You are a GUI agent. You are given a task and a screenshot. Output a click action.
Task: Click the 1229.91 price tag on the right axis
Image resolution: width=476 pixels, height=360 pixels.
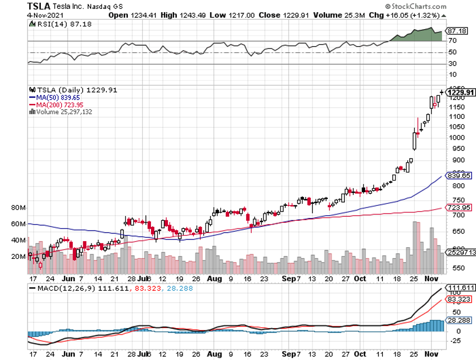[x=461, y=92]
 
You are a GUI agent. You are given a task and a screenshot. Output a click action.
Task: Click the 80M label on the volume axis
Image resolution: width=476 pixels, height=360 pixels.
[x=19, y=208]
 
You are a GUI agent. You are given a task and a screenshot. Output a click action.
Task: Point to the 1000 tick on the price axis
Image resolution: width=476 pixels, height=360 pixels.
[x=455, y=138]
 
